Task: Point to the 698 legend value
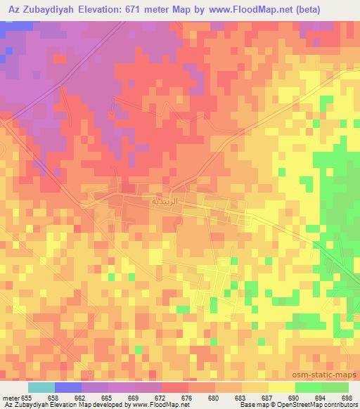point(347,397)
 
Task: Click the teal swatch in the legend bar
point(41,388)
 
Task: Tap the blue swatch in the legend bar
point(68,388)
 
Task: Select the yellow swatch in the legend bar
point(281,388)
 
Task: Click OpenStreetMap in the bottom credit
point(303,405)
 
